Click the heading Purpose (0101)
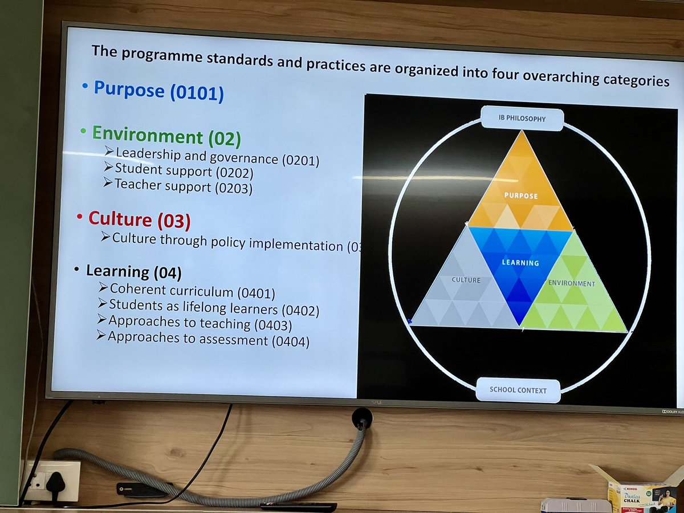click(158, 91)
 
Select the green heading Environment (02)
click(166, 136)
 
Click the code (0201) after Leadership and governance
click(300, 160)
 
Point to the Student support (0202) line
click(184, 170)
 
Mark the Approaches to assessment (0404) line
click(209, 340)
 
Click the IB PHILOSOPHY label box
click(522, 119)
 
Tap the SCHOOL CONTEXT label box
click(518, 390)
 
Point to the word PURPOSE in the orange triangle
click(521, 196)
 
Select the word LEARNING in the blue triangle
click(520, 263)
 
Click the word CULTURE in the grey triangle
click(466, 280)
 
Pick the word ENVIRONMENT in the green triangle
click(571, 283)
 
